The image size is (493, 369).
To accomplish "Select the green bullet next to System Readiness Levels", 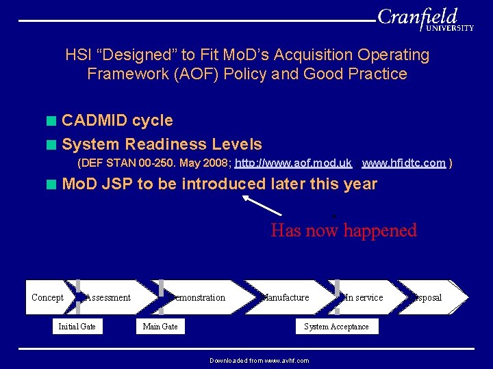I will point(51,144).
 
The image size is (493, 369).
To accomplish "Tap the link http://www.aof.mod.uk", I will point(293,163).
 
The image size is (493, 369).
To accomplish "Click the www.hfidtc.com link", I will point(403,163).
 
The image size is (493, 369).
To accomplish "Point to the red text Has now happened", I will point(343,230).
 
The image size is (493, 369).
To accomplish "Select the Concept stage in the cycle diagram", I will point(47,297).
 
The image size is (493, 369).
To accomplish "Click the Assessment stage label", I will point(108,297).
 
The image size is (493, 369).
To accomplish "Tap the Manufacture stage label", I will point(286,297).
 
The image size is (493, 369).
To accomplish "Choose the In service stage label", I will point(363,297).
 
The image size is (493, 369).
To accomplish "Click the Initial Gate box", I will point(77,327).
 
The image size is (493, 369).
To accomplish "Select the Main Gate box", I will point(160,327).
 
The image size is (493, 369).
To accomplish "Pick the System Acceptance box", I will point(336,327).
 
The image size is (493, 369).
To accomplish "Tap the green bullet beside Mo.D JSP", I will point(51,184).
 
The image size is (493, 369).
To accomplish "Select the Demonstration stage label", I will point(199,297).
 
